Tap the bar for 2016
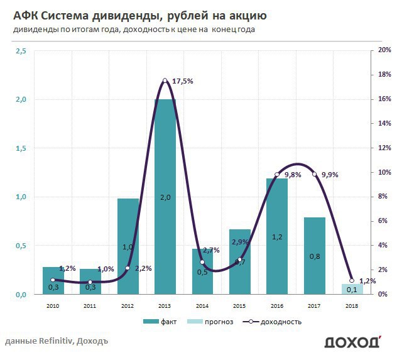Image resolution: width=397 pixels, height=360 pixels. click(277, 236)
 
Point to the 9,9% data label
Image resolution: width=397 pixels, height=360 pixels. click(329, 175)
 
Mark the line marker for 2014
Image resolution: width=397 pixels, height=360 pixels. click(202, 262)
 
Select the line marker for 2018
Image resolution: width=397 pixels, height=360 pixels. click(352, 280)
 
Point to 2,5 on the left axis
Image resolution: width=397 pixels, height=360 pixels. click(21, 50)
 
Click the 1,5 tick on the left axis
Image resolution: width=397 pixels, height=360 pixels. click(21, 148)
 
